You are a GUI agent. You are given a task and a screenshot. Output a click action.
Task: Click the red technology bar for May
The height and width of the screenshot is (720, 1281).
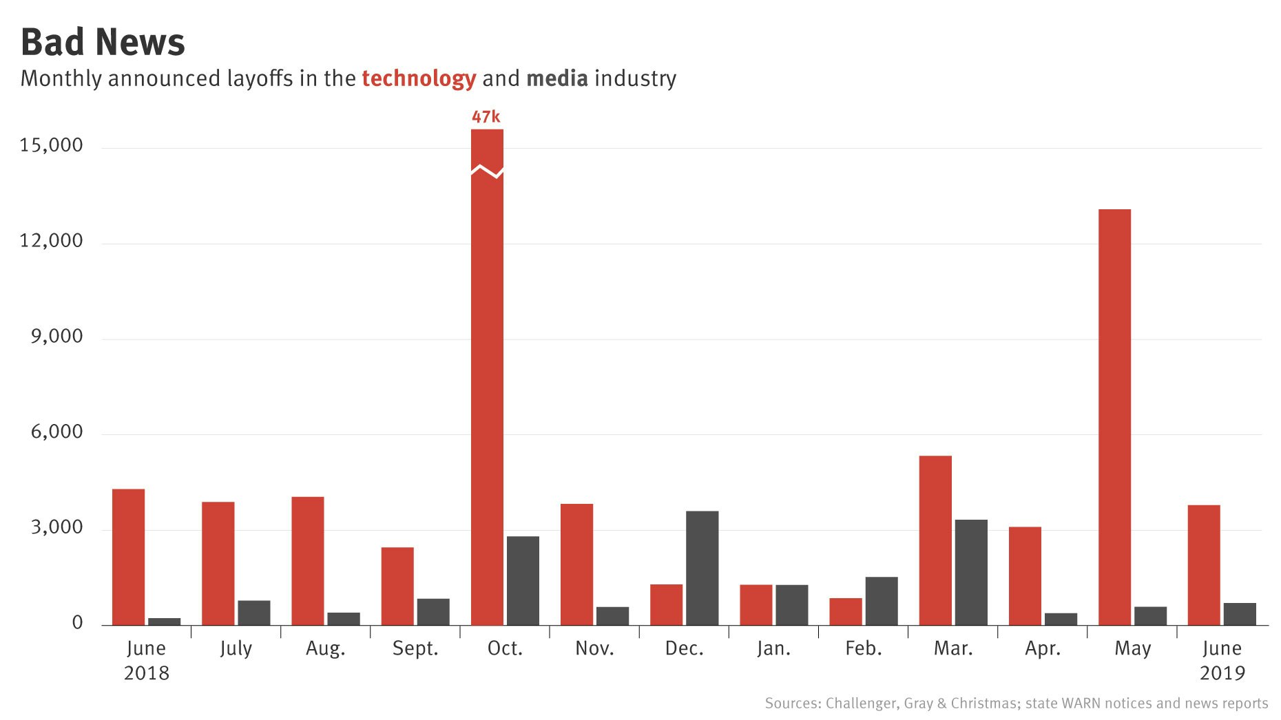pos(1114,417)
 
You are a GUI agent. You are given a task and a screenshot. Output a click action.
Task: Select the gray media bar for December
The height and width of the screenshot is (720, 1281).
pos(702,568)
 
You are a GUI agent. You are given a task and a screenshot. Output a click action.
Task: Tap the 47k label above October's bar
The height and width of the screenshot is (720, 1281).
pos(486,117)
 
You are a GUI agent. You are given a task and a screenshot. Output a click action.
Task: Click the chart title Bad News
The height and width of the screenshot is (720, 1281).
pos(103,42)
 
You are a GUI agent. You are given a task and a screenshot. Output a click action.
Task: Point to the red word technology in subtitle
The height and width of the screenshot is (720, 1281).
pos(419,78)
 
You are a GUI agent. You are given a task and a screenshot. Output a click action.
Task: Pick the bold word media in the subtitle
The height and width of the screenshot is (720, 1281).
pos(557,78)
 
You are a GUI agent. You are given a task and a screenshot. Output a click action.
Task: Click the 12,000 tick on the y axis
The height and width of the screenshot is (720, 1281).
pos(51,241)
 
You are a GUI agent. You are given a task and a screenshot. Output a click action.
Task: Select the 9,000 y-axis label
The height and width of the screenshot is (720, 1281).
pos(56,337)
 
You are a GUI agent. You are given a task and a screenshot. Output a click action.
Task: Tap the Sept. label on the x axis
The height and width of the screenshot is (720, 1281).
pos(415,648)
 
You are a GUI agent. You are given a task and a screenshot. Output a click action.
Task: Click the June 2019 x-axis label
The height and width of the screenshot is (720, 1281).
pos(1222,659)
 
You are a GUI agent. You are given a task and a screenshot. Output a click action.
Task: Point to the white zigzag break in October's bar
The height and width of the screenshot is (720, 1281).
pos(487,171)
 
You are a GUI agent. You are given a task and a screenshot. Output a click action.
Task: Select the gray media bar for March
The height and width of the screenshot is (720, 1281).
pos(970,572)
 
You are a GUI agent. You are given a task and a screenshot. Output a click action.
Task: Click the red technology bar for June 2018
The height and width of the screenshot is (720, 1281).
pos(128,557)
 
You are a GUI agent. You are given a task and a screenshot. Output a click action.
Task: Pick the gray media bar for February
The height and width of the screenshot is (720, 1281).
pos(881,601)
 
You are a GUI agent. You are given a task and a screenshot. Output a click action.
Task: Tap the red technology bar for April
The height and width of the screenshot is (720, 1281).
pos(1025,576)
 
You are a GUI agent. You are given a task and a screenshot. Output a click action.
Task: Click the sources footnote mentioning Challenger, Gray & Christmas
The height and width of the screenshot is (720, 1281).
pos(1016,703)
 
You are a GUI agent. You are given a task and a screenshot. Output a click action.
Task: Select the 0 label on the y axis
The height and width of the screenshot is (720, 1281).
pos(77,623)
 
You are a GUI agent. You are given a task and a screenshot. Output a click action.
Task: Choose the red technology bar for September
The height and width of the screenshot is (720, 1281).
pos(397,586)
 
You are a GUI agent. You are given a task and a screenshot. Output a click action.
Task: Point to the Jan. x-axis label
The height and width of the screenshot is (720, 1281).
pos(773,648)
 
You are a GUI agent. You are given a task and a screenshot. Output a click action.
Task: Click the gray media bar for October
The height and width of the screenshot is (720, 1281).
pos(523,580)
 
